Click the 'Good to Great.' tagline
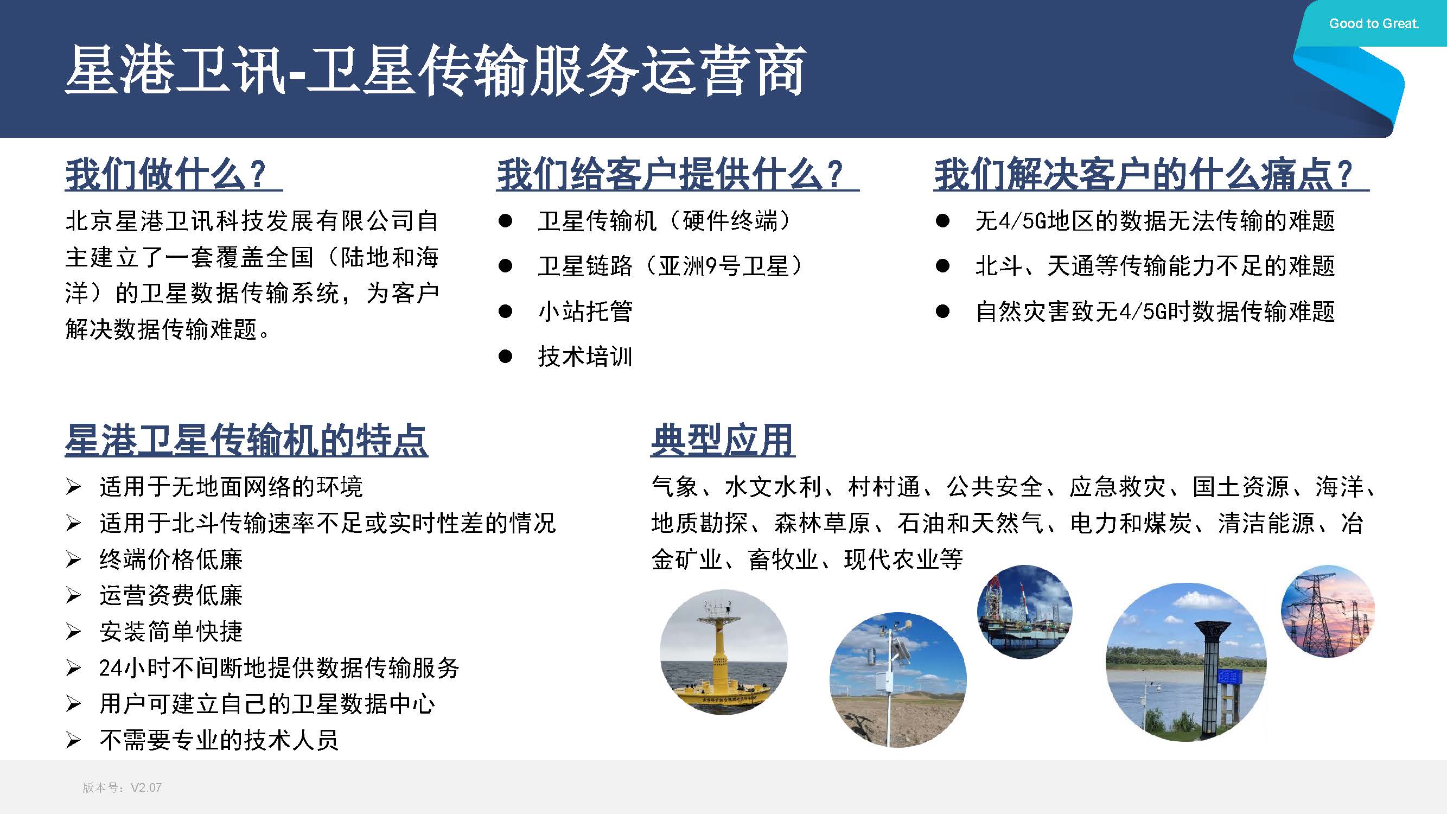(x=1374, y=23)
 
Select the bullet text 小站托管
(x=585, y=311)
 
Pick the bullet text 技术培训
(x=585, y=356)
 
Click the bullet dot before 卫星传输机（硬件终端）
(x=505, y=221)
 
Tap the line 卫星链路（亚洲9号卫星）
(x=671, y=266)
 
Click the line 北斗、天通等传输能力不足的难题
(x=1155, y=266)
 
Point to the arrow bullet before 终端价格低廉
(x=73, y=559)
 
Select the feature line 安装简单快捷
(x=171, y=632)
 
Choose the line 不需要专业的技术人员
(x=219, y=740)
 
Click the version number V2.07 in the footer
(x=146, y=787)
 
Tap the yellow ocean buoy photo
(x=724, y=652)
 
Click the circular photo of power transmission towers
(x=1328, y=611)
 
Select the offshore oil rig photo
(x=1024, y=612)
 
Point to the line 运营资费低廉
(x=171, y=595)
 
